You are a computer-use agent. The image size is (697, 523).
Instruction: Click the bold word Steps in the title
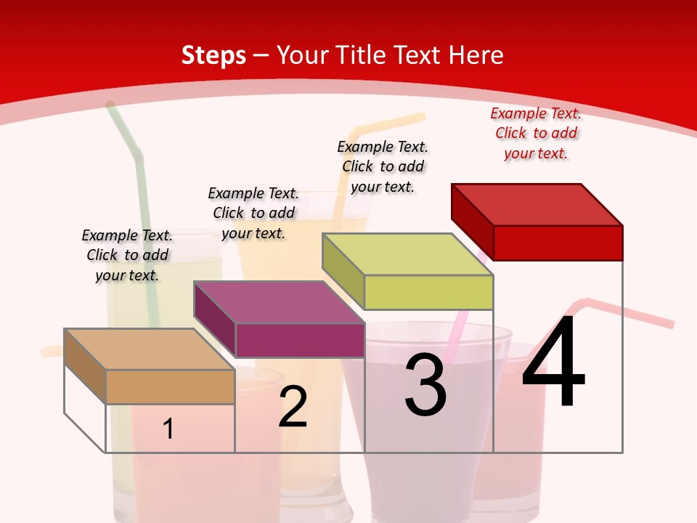coord(213,55)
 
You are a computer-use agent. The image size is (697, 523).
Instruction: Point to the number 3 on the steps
coord(425,385)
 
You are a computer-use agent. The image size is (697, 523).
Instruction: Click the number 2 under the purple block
coord(293,408)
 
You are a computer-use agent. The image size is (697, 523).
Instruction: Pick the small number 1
coord(168,429)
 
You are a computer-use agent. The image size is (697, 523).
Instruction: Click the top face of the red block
coord(537,204)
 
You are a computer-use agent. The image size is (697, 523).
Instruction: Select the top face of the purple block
coord(279,301)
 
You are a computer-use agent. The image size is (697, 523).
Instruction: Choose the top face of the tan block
coord(150,349)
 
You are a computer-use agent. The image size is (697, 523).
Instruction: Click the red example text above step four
coord(536,134)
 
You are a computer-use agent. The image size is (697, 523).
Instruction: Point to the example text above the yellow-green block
coord(383,166)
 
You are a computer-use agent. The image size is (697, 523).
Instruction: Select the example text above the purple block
coord(253,213)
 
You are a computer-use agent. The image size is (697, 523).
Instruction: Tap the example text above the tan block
coord(127,255)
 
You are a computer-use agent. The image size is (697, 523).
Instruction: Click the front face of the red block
coord(558,243)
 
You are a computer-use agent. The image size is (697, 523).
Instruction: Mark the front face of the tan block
coord(170,386)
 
